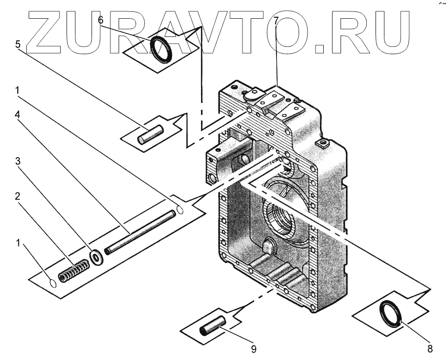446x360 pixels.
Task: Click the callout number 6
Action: click(x=101, y=20)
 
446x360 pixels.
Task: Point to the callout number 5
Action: click(x=18, y=44)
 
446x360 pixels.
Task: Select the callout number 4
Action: click(x=18, y=114)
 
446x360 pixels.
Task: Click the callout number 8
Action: click(x=430, y=349)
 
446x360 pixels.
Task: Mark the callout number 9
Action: click(x=254, y=349)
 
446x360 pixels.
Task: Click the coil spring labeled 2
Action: click(x=73, y=271)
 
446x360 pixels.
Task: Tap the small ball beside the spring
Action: click(x=52, y=283)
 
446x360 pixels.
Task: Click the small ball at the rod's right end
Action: click(x=180, y=210)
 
